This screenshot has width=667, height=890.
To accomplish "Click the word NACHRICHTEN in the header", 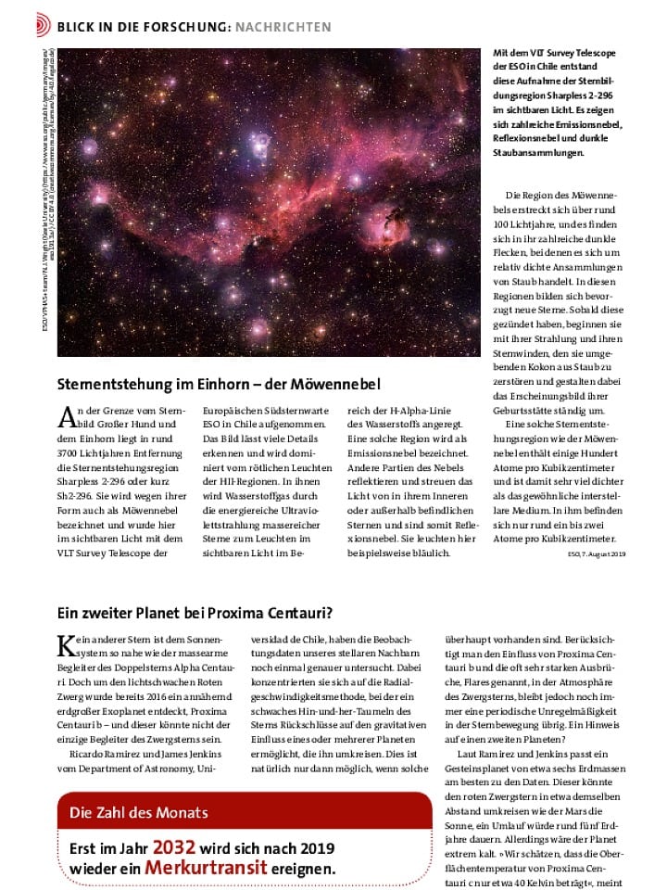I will [x=283, y=27].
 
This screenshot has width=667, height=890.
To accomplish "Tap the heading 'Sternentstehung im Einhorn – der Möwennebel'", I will [x=219, y=383].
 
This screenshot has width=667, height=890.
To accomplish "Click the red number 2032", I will [x=174, y=847].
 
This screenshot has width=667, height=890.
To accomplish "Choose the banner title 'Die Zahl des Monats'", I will [x=138, y=813].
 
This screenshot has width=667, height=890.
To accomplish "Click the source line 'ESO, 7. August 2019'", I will [x=597, y=553].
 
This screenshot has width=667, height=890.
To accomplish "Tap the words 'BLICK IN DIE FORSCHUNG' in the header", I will [x=130, y=27].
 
